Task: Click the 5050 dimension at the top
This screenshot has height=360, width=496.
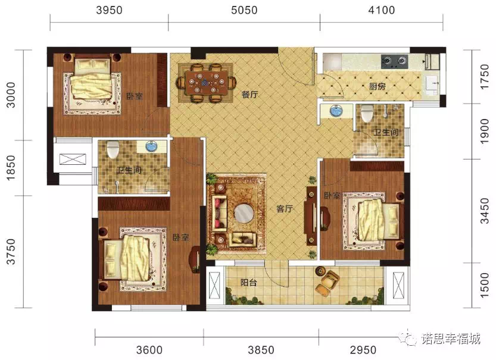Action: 244,10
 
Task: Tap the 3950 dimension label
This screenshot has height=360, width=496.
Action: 109,10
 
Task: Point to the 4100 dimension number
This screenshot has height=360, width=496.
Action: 382,10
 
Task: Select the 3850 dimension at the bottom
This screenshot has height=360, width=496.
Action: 261,350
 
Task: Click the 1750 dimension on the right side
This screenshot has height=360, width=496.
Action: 485,77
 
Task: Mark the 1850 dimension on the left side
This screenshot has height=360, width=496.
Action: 11,168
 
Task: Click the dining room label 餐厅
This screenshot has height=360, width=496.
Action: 249,94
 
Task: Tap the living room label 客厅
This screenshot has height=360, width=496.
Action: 285,209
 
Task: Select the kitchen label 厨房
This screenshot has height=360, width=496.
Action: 378,86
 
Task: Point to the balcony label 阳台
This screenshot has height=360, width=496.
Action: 248,282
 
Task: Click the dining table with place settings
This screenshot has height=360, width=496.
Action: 206,83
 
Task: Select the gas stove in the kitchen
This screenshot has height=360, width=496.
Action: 394,61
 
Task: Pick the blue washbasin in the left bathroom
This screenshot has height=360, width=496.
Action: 151,146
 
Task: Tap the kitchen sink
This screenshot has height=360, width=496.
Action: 432,83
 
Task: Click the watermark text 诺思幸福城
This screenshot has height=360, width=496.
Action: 450,339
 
